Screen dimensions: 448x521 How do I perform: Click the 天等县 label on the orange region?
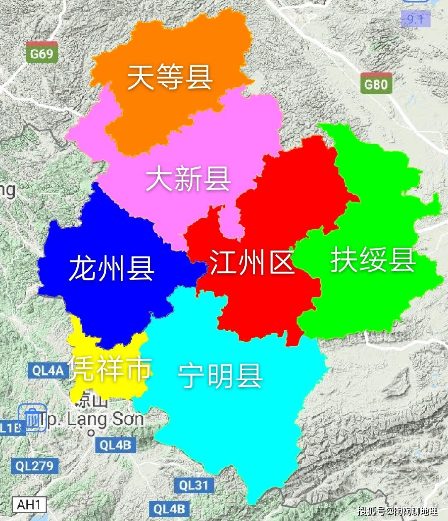coord(170,77)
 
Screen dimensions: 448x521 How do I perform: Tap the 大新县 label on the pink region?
coord(188,179)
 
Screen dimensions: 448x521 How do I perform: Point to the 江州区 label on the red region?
coord(251,262)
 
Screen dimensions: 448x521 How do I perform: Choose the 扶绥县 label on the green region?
coord(373,260)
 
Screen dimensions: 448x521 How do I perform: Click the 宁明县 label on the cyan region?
coord(220,376)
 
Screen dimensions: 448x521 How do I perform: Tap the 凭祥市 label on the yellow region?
coord(110,368)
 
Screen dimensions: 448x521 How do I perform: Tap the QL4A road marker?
coord(48,370)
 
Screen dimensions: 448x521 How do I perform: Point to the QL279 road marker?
coord(34,466)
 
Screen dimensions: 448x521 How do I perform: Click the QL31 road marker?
coord(193,485)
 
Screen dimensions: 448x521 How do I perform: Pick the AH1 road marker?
coord(29,505)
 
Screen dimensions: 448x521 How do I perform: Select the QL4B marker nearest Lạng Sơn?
coord(115,445)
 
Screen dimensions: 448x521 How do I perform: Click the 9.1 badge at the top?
coord(415,19)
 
